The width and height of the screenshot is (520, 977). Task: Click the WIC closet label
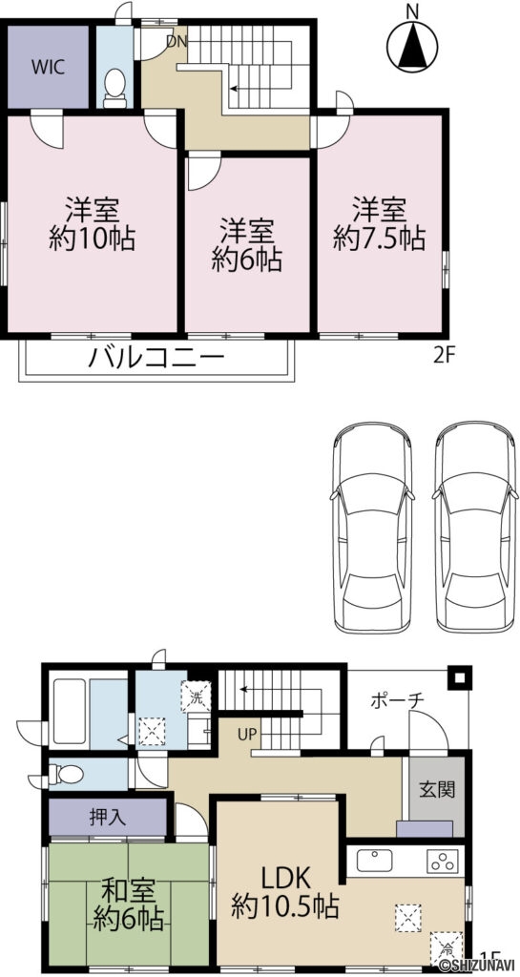click(x=47, y=67)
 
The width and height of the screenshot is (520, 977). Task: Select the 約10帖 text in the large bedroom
click(x=92, y=238)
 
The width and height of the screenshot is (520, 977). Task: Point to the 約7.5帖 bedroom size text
click(x=379, y=238)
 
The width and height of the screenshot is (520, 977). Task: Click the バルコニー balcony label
click(x=156, y=360)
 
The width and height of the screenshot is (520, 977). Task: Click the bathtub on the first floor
click(x=87, y=707)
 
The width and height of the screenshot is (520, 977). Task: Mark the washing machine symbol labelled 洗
click(x=197, y=696)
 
